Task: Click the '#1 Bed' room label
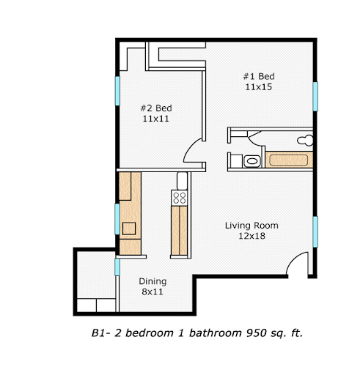pyautogui.click(x=259, y=76)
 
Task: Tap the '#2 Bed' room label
pyautogui.click(x=155, y=107)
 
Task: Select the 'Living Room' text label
pyautogui.click(x=251, y=226)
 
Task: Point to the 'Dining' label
pyautogui.click(x=153, y=281)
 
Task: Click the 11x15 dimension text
pyautogui.click(x=259, y=86)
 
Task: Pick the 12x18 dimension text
pyautogui.click(x=251, y=236)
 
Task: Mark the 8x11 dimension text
pyautogui.click(x=153, y=292)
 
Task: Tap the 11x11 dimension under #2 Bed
pyautogui.click(x=155, y=117)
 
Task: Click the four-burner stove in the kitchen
pyautogui.click(x=179, y=197)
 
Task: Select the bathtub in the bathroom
pyautogui.click(x=290, y=160)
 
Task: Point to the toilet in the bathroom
pyautogui.click(x=307, y=138)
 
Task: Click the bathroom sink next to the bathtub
pyautogui.click(x=251, y=161)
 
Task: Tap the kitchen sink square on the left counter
pyautogui.click(x=129, y=228)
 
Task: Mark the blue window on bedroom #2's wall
pyautogui.click(x=117, y=90)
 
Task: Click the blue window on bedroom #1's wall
pyautogui.click(x=315, y=96)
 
